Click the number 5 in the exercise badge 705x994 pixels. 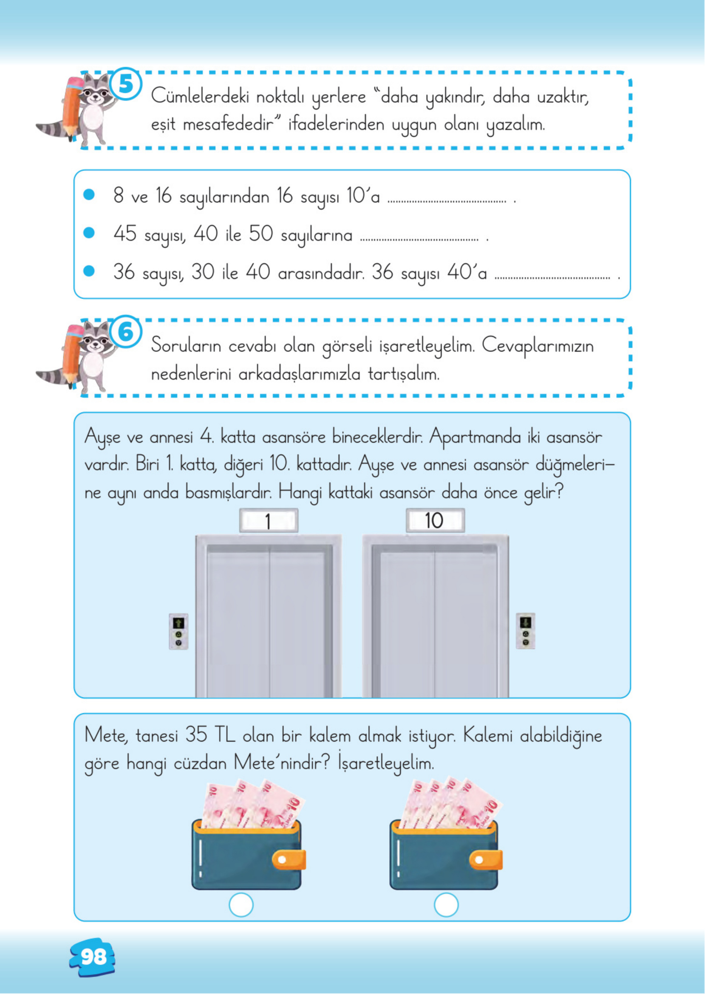click(125, 84)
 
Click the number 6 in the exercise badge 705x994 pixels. click(125, 333)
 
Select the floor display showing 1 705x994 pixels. click(268, 521)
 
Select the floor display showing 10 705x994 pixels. click(435, 521)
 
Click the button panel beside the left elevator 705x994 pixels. click(178, 631)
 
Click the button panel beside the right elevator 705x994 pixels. click(525, 631)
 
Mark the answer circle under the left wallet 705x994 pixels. click(241, 905)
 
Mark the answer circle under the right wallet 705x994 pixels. click(446, 905)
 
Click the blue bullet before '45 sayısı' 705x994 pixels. click(89, 234)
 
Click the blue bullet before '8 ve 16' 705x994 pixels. click(89, 195)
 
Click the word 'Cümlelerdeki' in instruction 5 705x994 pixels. click(200, 96)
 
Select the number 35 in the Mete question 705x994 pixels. click(196, 735)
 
